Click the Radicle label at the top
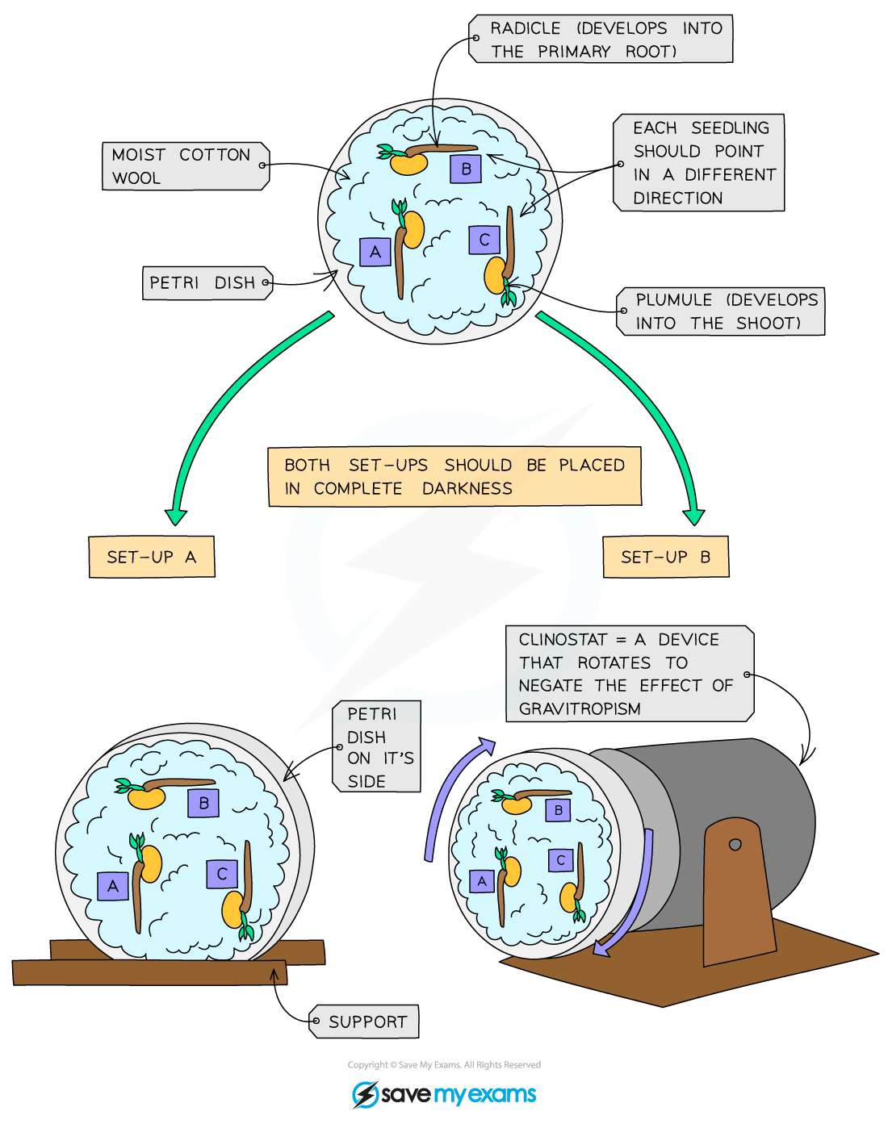point(601,39)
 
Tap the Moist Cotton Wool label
point(185,166)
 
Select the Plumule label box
point(721,311)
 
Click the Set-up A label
point(152,557)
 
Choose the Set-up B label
point(666,557)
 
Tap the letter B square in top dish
point(466,169)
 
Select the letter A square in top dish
point(375,252)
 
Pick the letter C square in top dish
point(484,240)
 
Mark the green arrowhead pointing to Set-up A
point(175,516)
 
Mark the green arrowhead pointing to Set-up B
point(693,516)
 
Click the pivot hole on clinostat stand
point(735,845)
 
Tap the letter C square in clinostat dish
point(560,860)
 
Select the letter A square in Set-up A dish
point(113,886)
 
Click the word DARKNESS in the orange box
point(467,489)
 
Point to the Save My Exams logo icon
point(365,1095)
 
